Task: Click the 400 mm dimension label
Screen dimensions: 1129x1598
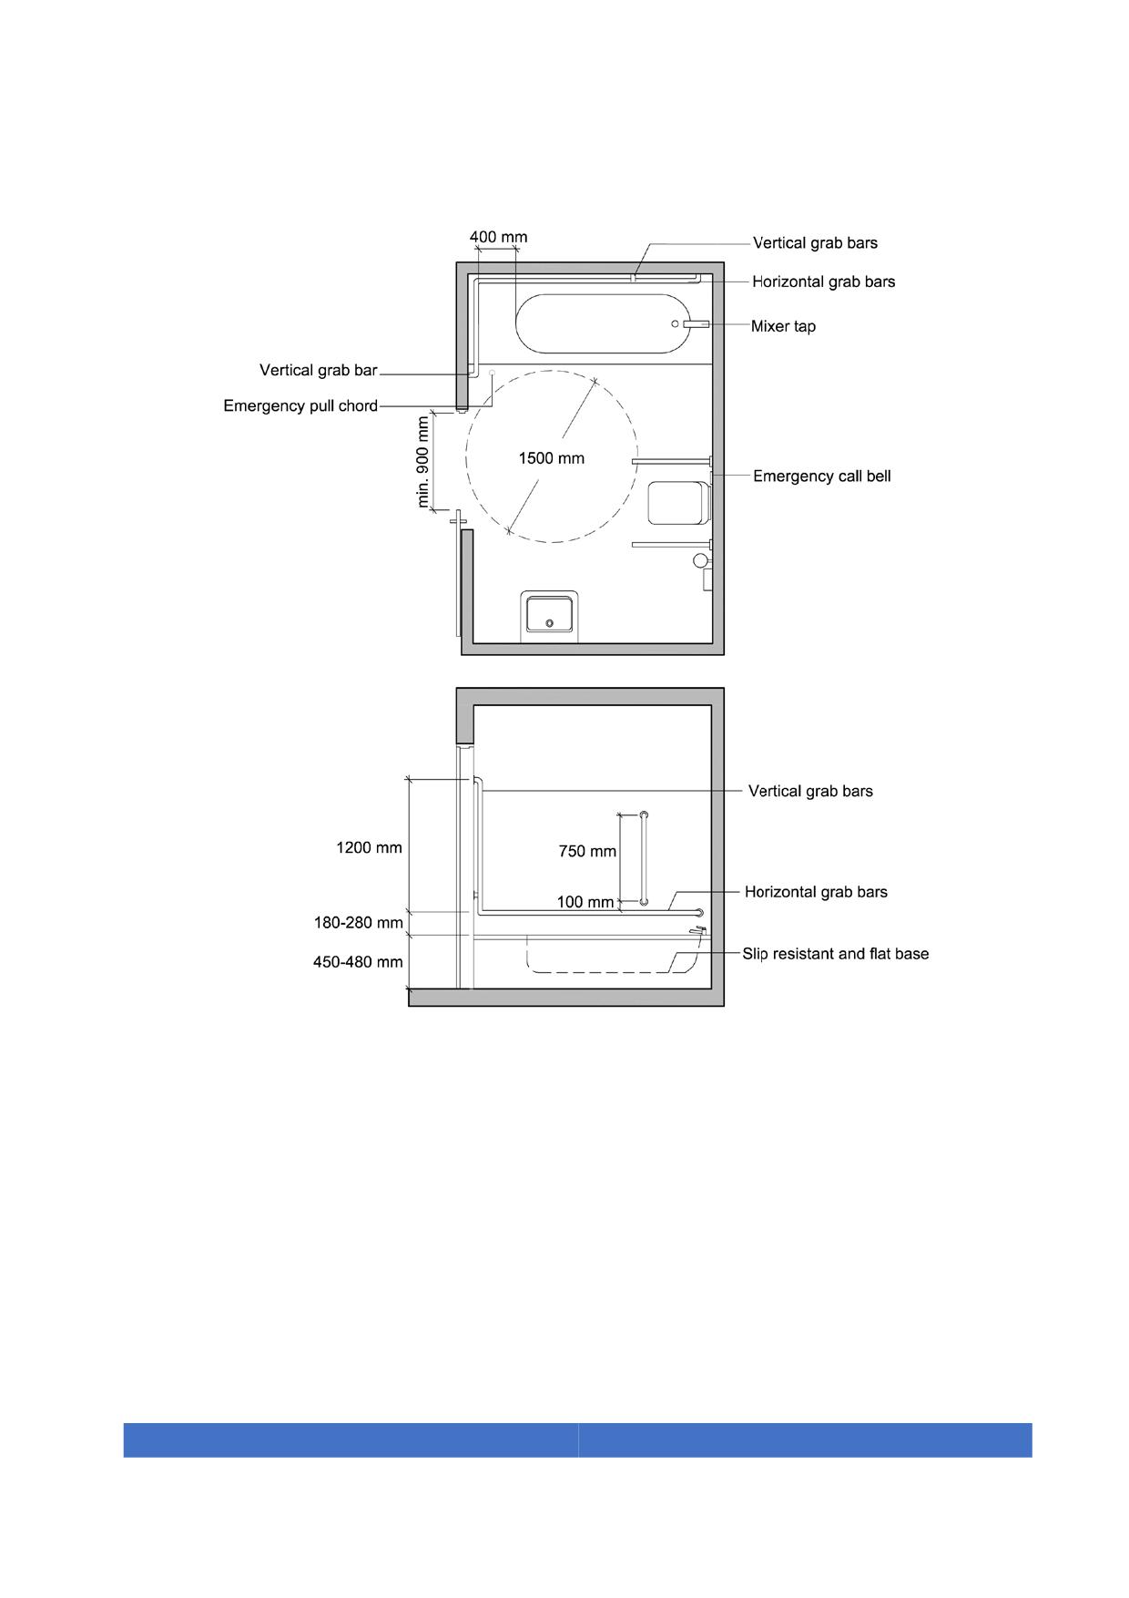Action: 498,237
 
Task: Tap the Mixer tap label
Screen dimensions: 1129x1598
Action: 783,326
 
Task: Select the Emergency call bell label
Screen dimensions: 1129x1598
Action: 821,476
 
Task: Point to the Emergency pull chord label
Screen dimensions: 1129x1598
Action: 300,405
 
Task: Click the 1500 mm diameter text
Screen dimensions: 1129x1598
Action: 551,458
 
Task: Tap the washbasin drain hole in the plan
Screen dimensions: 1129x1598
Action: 549,623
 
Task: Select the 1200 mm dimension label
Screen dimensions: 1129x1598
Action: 369,847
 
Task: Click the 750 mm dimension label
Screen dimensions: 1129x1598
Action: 587,852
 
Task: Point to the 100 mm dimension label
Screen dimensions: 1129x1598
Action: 585,902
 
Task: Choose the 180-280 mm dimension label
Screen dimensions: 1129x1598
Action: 359,923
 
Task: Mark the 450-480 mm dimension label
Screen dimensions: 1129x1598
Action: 358,961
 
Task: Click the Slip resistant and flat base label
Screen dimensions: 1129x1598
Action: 835,954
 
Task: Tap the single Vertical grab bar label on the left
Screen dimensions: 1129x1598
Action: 318,370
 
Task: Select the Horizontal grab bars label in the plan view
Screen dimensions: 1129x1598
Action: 823,282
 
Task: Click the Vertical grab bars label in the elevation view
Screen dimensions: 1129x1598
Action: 810,791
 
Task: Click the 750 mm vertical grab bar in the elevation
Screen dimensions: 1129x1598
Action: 644,858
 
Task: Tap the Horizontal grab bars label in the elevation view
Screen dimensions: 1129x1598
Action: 816,892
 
